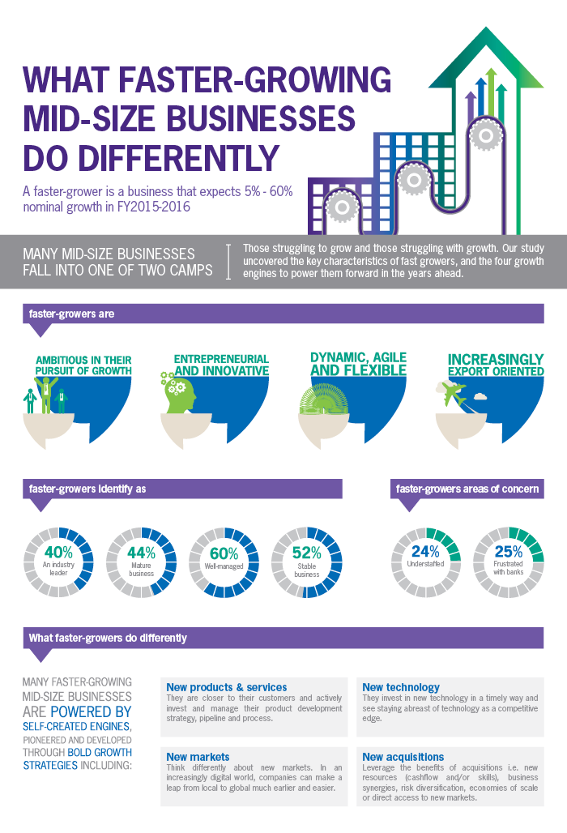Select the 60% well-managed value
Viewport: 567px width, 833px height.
pyautogui.click(x=224, y=553)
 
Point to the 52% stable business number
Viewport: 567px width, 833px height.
pyautogui.click(x=307, y=553)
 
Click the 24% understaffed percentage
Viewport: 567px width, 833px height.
pyautogui.click(x=426, y=552)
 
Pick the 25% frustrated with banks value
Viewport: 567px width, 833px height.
pyautogui.click(x=509, y=552)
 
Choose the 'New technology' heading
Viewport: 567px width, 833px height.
pyautogui.click(x=401, y=687)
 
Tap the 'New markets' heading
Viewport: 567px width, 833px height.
pyautogui.click(x=198, y=757)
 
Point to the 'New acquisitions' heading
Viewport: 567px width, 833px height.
pyautogui.click(x=403, y=757)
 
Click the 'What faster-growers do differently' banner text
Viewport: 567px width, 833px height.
pyautogui.click(x=108, y=638)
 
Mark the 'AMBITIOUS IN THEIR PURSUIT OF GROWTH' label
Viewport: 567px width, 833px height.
pyautogui.click(x=83, y=365)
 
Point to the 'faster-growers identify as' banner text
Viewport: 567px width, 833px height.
pyautogui.click(x=87, y=489)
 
